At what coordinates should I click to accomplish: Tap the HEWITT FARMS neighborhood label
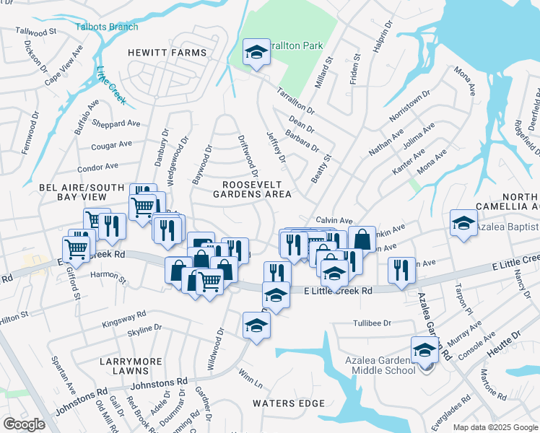coord(167,53)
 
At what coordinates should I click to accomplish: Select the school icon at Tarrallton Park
coord(256,53)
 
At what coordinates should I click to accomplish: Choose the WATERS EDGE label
coord(282,404)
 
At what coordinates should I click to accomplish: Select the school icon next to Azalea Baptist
coord(463,223)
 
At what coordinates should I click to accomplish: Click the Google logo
coord(24,424)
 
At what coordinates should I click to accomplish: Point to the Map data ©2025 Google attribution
coord(495,427)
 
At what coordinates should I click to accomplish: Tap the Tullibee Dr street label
coord(372,323)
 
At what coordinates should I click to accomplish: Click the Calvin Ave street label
coord(334,220)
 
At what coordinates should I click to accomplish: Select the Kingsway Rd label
coord(124,318)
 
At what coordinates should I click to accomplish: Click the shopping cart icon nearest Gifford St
coord(77,248)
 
